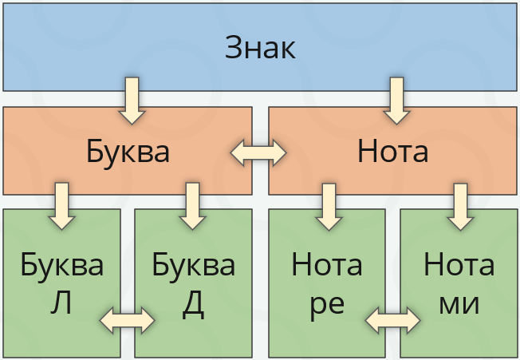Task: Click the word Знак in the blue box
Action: click(260, 48)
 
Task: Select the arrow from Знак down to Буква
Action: click(132, 100)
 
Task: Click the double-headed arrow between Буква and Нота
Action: click(258, 152)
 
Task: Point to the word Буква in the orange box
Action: click(128, 152)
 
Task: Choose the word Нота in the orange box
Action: click(393, 152)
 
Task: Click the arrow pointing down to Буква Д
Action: click(192, 205)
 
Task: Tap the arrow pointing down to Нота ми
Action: click(459, 205)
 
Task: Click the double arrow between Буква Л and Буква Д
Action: click(128, 320)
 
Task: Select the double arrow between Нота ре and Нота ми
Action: click(392, 320)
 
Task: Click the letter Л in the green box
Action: click(61, 304)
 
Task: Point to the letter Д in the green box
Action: click(192, 305)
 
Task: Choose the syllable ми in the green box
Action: click(459, 305)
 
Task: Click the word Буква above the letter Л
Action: click(62, 264)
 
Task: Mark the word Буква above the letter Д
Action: click(193, 264)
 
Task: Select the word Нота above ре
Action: click(327, 264)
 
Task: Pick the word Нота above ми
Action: click(459, 264)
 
